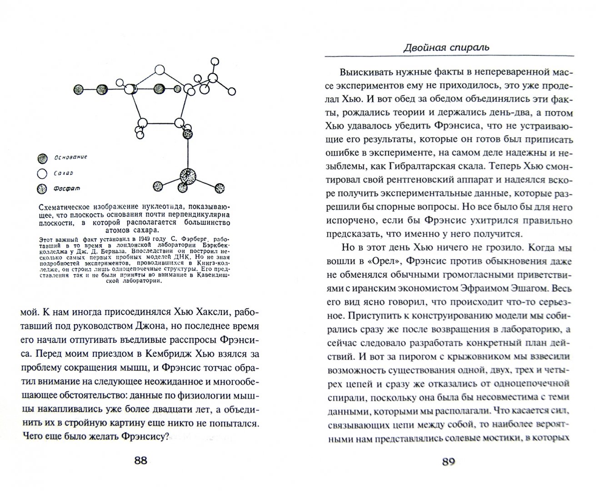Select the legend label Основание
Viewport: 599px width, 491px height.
tap(70, 157)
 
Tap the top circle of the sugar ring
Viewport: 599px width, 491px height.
tap(159, 70)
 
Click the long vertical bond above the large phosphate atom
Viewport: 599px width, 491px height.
tap(187, 152)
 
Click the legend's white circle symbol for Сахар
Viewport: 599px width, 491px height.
tap(42, 173)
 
